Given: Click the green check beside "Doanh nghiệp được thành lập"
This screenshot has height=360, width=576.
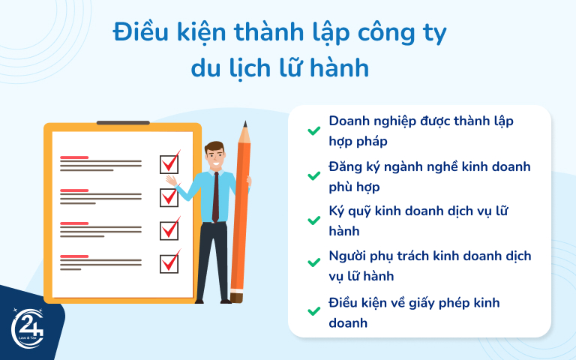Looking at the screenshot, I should click(313, 130).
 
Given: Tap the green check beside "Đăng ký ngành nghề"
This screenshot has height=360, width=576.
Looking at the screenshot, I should click(313, 176).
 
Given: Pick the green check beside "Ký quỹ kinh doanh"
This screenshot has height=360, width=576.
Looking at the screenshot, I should click(313, 220).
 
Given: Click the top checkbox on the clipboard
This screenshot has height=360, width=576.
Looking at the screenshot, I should click(169, 163).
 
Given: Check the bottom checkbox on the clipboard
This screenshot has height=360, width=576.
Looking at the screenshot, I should click(169, 263).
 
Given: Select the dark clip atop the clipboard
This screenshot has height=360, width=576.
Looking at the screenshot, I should click(123, 122).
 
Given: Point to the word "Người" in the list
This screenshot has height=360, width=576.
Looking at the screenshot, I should click(349, 256).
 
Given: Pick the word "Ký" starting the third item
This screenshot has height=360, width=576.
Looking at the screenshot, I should click(338, 211).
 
